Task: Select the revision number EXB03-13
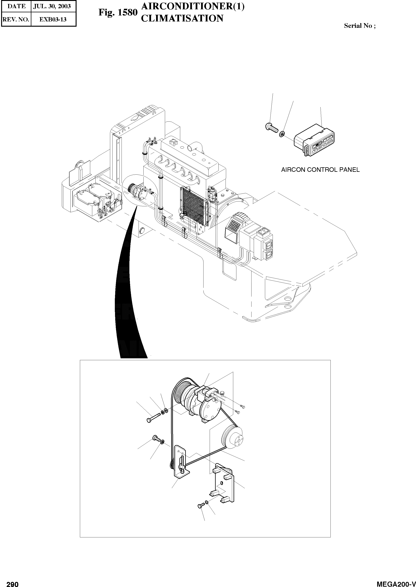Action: pos(53,19)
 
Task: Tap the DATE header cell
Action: pos(16,6)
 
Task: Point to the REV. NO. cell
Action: pos(16,19)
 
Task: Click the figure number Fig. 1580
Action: pos(118,12)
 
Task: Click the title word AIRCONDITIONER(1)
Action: pos(193,7)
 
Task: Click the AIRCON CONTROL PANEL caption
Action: pos(320,170)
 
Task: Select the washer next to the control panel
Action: pos(282,133)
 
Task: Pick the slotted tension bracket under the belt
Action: pos(181,463)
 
